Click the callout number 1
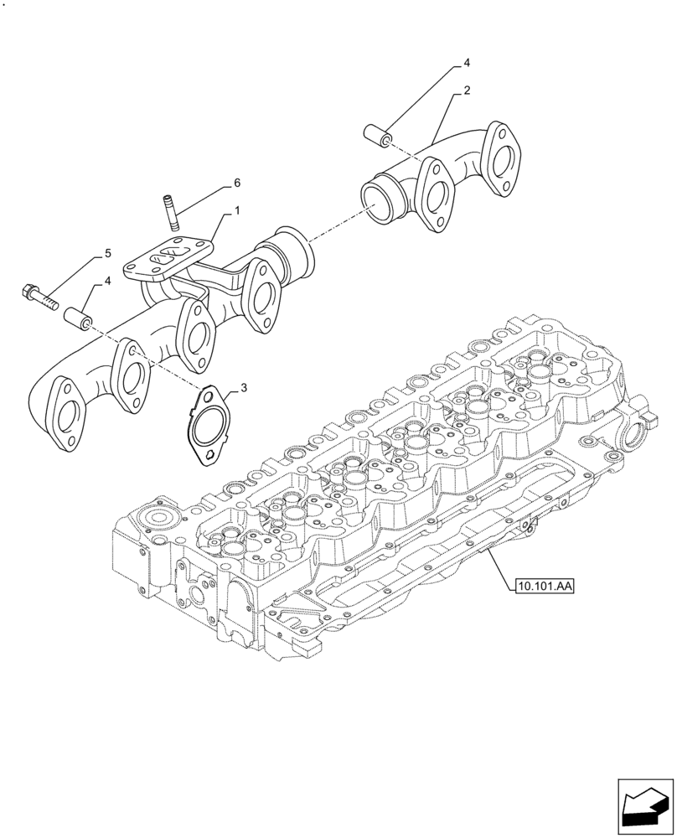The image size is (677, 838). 237,212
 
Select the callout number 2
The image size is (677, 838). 467,89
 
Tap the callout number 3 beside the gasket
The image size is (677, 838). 244,388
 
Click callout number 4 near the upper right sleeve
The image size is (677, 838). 467,63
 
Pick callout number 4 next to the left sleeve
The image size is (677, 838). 107,283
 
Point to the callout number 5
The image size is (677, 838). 107,253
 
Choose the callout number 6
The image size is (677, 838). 237,182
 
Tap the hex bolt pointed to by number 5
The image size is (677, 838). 37,295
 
